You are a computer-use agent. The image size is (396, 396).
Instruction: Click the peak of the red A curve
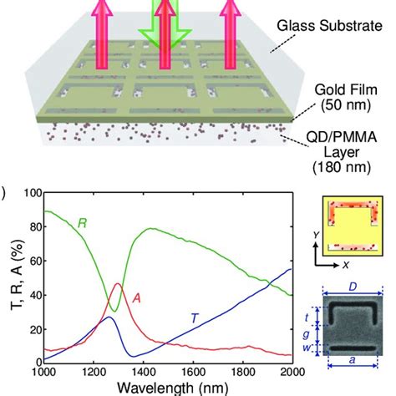118,285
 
